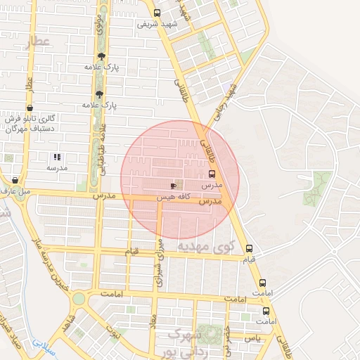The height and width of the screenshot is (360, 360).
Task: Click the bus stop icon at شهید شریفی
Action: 156,13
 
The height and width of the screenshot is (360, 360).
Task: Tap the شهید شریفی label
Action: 155,24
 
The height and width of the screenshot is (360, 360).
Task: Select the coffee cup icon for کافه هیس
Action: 174,186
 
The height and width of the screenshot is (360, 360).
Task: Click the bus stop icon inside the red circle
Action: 212,174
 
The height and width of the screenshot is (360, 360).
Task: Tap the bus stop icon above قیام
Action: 249,249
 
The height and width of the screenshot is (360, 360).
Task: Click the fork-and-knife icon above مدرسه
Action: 57,157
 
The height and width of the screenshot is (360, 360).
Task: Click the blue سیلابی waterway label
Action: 42,345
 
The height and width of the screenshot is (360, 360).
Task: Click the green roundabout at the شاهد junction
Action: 78,298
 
